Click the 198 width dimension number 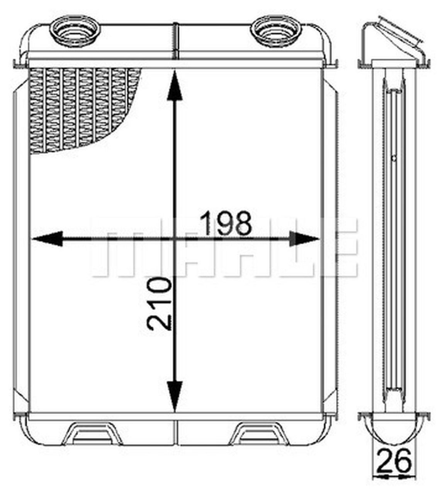(x=226, y=224)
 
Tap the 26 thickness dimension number (x=394, y=461)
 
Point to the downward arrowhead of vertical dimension (x=175, y=394)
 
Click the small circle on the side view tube (x=394, y=158)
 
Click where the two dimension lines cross (x=175, y=239)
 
